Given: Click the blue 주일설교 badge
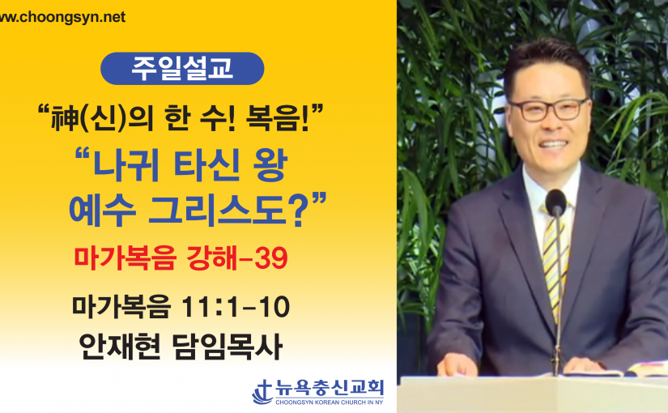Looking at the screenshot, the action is coord(182,68).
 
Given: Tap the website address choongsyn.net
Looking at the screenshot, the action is coord(62,17).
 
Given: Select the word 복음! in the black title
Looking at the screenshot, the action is coord(278,117).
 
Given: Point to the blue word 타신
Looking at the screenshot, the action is coord(207,165).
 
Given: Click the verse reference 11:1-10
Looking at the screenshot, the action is coord(236,306).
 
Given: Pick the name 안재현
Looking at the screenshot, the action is coord(120,346).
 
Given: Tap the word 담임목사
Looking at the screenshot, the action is coord(228,346).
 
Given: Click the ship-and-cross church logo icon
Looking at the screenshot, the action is coord(263,392).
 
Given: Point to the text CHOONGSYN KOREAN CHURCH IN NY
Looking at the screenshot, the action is coord(330,402).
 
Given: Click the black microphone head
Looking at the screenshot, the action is coord(555,202).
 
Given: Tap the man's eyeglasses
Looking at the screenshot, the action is coord(549,110).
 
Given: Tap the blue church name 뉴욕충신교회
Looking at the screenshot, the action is coord(330,388).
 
